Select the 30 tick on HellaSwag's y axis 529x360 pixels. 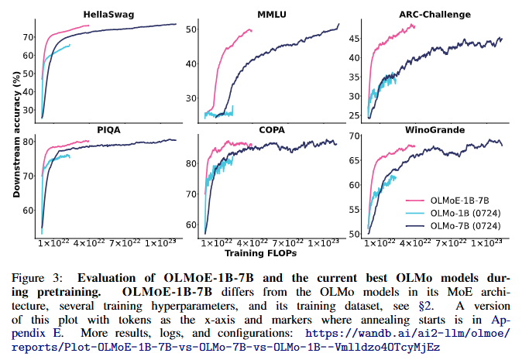[x=27, y=111]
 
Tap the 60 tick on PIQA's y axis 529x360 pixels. [x=27, y=210]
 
